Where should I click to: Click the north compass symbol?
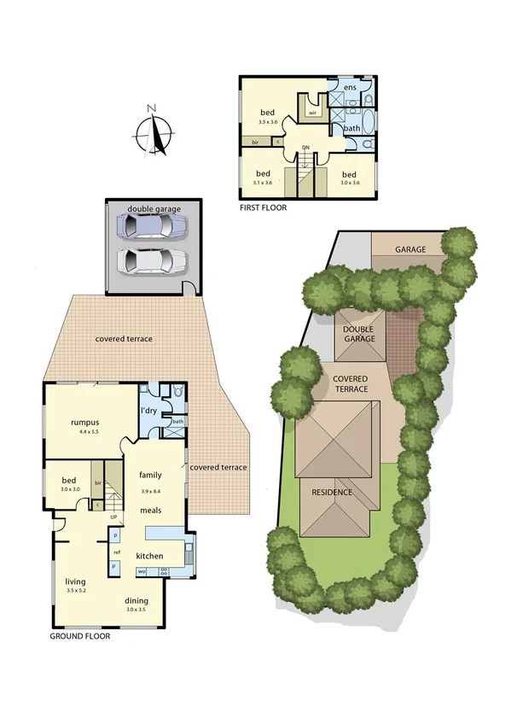click(154, 132)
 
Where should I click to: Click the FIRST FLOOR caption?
click(264, 207)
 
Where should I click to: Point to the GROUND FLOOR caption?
click(80, 635)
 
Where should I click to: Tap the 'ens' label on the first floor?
click(349, 87)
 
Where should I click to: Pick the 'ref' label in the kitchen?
click(116, 552)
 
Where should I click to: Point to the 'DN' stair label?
click(305, 148)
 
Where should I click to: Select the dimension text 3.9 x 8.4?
click(152, 491)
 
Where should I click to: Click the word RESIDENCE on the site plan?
click(331, 493)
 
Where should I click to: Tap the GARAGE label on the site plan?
click(409, 249)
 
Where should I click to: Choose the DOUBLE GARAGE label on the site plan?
click(359, 333)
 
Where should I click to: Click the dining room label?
click(136, 600)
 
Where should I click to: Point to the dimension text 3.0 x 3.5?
click(136, 610)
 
